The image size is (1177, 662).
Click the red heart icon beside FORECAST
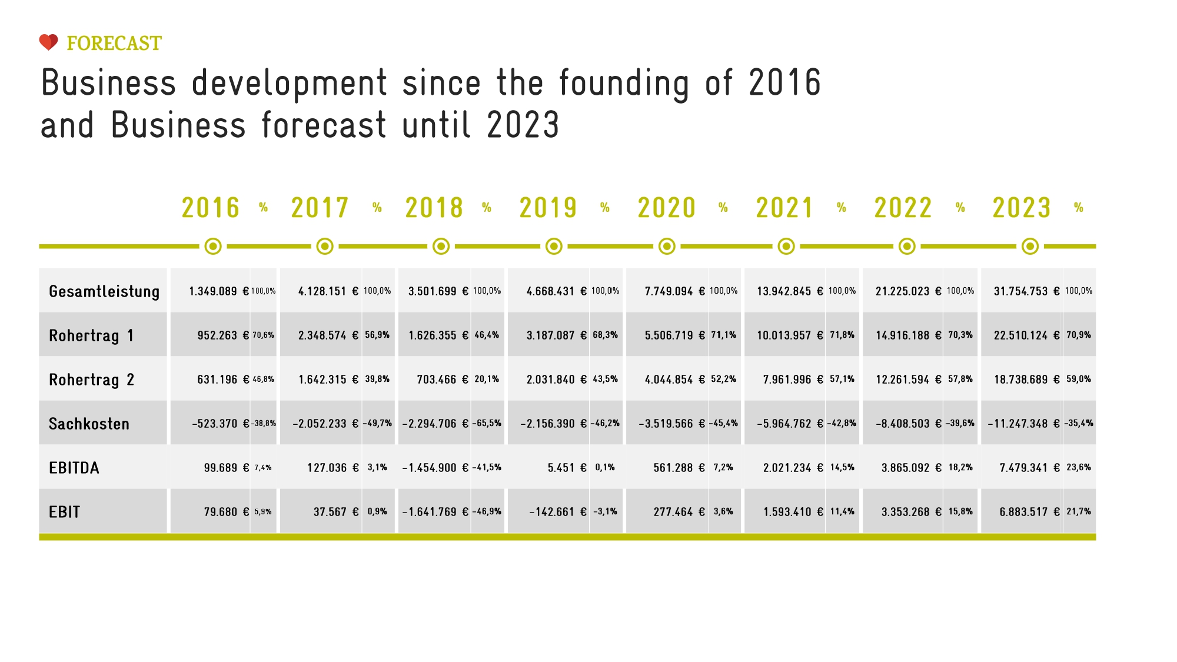coord(49,42)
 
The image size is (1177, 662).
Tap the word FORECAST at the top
coord(114,44)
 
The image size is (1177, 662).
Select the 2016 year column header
coord(211,208)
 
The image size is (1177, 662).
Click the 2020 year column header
coord(667,208)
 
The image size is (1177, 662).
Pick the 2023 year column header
coord(1022,208)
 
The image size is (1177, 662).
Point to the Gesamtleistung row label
coord(104,291)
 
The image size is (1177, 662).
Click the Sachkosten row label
coord(89,424)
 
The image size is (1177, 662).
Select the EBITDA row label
coord(74,468)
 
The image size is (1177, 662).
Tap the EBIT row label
coord(64,512)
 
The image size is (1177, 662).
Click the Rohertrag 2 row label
coord(91,380)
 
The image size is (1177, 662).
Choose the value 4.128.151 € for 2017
coord(328,291)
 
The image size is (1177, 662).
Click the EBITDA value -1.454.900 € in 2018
coord(435,468)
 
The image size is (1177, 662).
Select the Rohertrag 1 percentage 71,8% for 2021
coord(842,335)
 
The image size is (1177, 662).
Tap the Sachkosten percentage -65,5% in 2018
coord(487,423)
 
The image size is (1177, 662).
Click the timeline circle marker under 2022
coord(907,247)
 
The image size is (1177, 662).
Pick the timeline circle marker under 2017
coord(325,247)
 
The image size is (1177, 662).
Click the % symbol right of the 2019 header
coord(605,208)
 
